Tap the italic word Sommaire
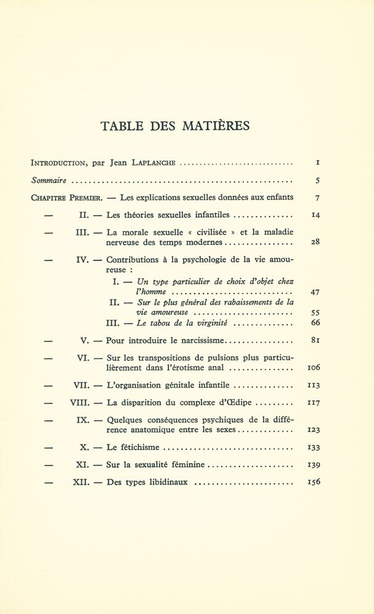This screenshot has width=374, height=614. (49, 181)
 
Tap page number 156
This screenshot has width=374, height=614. (313, 482)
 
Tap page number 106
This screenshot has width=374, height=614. (313, 368)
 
